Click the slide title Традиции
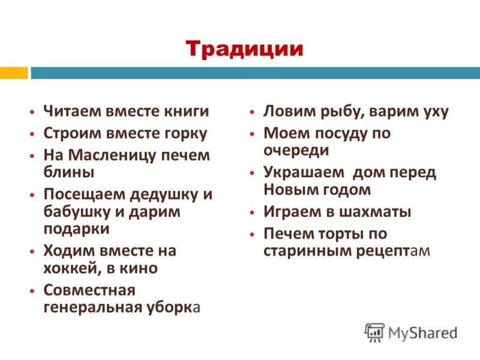tap(244, 48)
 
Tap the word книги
tap(186, 112)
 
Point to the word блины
tap(69, 172)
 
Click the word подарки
tap(77, 228)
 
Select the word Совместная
tap(89, 290)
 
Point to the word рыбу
tap(337, 112)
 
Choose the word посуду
tap(337, 133)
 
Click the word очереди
tap(296, 150)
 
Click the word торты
tap(339, 233)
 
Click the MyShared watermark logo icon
tap(374, 332)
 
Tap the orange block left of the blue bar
tap(13, 73)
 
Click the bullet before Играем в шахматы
tap(253, 212)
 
